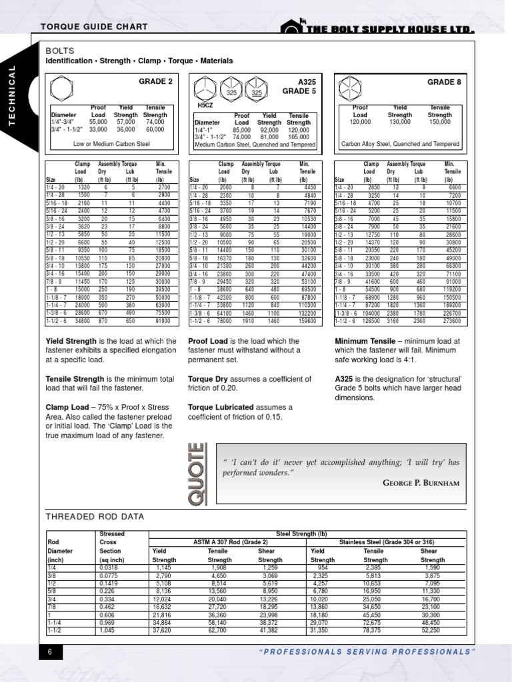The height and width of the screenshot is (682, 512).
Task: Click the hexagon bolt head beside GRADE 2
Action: [62, 89]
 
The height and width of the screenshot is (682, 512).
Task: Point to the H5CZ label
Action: [205, 105]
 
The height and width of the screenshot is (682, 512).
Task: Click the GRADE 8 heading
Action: [443, 81]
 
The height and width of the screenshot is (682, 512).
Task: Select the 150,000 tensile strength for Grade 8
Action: [439, 123]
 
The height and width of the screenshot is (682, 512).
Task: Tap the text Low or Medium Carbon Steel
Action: [111, 143]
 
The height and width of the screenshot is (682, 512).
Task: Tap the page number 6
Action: [49, 651]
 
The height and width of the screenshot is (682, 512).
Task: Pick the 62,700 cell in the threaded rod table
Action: [218, 629]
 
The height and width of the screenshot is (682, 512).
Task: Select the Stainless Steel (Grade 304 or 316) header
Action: [387, 543]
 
